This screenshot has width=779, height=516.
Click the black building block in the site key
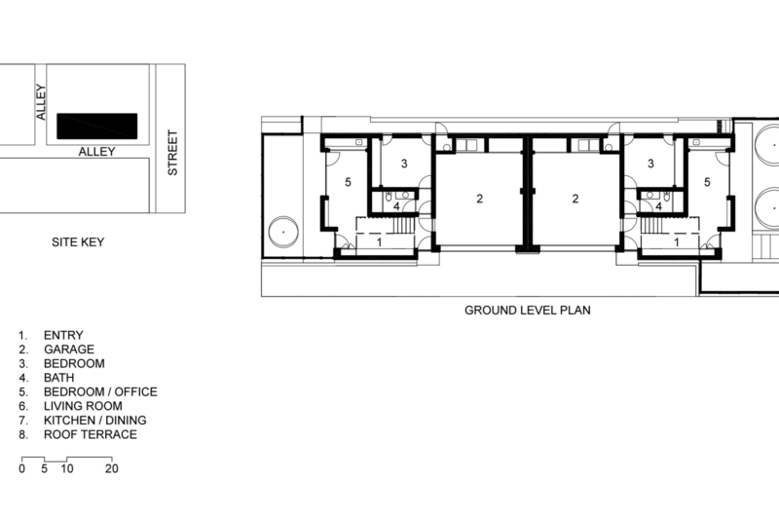click(x=96, y=127)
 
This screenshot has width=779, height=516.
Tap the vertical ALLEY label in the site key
click(x=41, y=102)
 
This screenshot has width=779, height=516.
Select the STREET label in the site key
click(x=172, y=153)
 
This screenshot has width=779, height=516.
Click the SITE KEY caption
click(x=78, y=241)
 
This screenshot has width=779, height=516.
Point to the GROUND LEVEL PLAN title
click(x=528, y=311)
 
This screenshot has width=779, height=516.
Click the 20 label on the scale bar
click(x=112, y=469)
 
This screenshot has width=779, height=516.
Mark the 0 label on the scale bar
click(x=21, y=469)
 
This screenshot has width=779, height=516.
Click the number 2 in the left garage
click(x=479, y=199)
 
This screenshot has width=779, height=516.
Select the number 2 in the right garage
click(x=575, y=199)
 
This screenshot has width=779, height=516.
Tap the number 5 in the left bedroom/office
click(x=348, y=182)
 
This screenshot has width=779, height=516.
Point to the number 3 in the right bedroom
click(x=650, y=164)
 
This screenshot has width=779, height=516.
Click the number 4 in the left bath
click(x=396, y=206)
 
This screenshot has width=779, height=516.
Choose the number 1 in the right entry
click(x=676, y=242)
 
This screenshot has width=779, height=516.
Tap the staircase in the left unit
click(x=404, y=225)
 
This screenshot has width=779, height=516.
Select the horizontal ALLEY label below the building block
click(x=96, y=152)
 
